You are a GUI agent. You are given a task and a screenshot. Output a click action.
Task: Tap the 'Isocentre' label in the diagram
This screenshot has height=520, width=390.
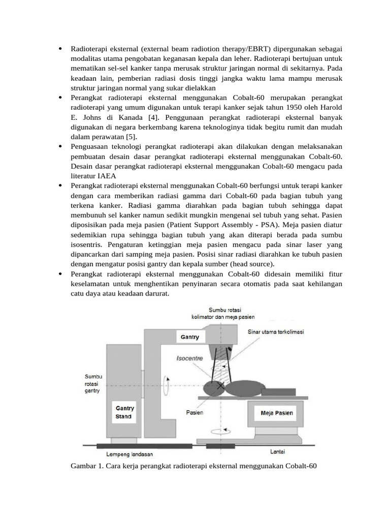(189, 358)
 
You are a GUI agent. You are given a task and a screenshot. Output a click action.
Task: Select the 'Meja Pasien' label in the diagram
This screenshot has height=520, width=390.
(277, 413)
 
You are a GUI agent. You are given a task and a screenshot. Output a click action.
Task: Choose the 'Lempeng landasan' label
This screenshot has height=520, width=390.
(129, 453)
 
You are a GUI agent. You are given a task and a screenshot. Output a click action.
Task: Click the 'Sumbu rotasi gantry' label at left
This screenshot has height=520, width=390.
(93, 384)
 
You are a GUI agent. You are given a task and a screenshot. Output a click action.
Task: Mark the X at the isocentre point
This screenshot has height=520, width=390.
(220, 386)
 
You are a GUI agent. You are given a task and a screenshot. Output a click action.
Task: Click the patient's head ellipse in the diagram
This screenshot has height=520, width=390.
(212, 387)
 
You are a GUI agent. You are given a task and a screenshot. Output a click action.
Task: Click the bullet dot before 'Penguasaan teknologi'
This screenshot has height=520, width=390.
(60, 147)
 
